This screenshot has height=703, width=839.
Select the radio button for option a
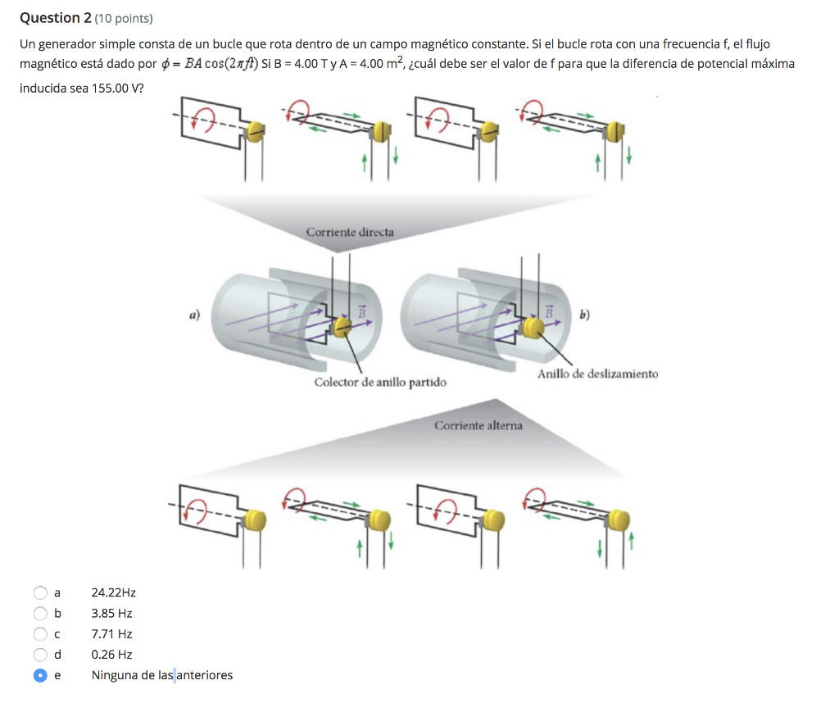point(40,592)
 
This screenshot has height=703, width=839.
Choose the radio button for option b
point(40,613)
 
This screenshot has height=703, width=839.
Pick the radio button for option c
point(40,633)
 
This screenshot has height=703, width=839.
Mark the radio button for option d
point(40,655)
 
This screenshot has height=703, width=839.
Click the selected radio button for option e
point(40,675)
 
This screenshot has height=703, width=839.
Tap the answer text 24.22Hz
point(113,592)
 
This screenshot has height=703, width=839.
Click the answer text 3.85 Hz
point(111,613)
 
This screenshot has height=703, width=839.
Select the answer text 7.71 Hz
point(111,633)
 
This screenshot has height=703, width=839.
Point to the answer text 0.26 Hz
point(111,655)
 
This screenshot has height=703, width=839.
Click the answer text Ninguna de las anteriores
point(161,675)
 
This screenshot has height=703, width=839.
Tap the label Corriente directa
point(350,232)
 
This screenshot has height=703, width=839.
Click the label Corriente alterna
point(478,425)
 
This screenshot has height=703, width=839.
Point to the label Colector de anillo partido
point(380,383)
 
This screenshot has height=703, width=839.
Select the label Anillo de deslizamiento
point(597,374)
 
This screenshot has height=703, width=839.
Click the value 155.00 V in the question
point(115,88)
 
